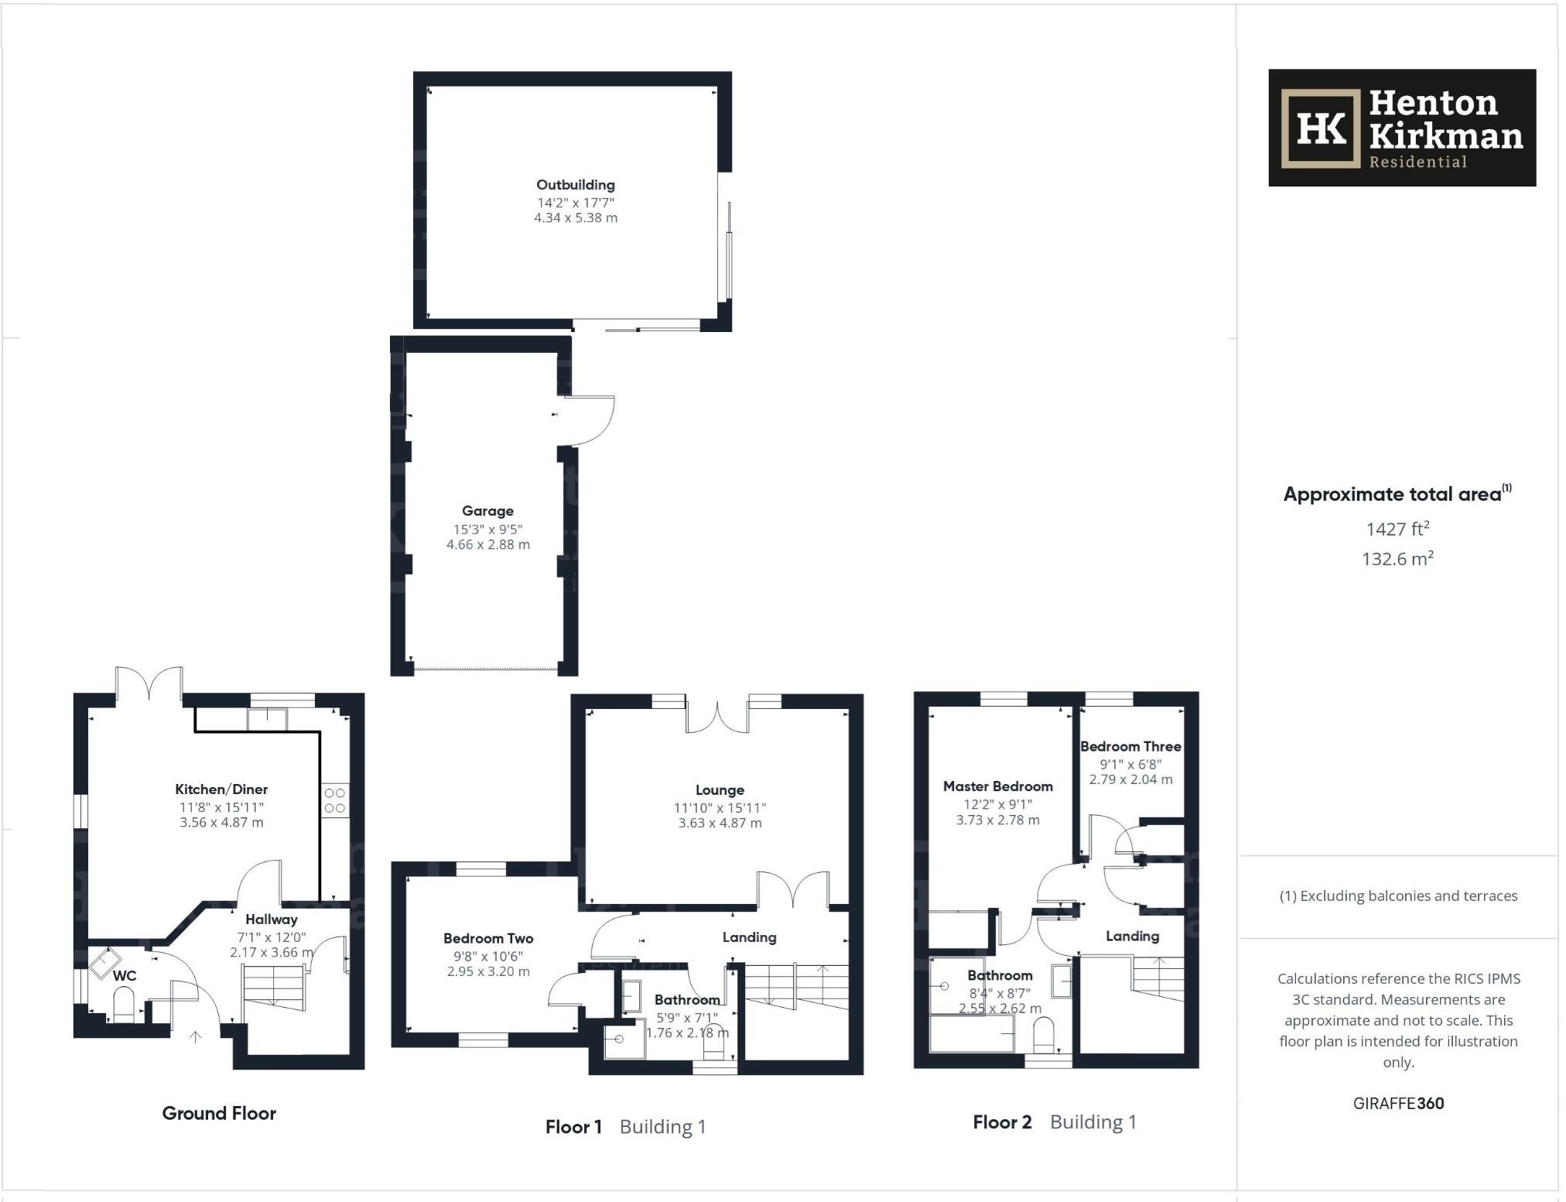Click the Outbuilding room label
[576, 185]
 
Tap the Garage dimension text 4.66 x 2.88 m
[488, 545]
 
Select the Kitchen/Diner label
[221, 789]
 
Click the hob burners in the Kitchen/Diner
[335, 800]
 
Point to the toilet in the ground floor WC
[124, 1007]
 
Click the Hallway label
[272, 919]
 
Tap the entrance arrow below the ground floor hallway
[196, 1037]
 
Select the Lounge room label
[720, 790]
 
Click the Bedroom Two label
[488, 938]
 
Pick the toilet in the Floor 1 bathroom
[713, 1048]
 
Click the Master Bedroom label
[997, 786]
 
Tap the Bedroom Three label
[1130, 747]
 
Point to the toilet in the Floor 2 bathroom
[1044, 1033]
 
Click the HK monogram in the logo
[1321, 128]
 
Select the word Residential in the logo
[1417, 162]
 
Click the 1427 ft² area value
[1397, 529]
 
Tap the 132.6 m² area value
[1397, 559]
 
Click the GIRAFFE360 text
[1398, 1104]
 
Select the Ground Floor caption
[219, 1114]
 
